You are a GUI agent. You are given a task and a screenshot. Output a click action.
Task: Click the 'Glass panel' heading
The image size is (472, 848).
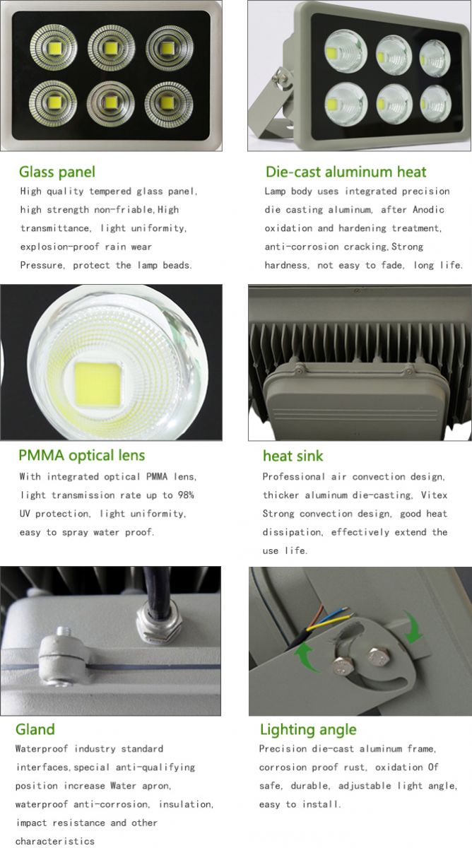pyautogui.click(x=57, y=172)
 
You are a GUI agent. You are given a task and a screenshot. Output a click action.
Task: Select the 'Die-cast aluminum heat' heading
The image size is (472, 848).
pyautogui.click(x=346, y=172)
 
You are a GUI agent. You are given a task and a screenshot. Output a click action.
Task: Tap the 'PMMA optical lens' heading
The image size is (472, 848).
pyautogui.click(x=82, y=455)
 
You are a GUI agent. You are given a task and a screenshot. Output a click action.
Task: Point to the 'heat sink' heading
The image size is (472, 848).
pyautogui.click(x=293, y=456)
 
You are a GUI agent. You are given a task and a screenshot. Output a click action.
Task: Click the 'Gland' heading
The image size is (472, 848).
pyautogui.click(x=35, y=729)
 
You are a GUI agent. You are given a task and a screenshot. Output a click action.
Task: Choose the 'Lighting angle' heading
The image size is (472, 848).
pyautogui.click(x=308, y=730)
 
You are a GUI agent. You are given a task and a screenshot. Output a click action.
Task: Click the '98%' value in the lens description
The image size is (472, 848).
pyautogui.click(x=186, y=495)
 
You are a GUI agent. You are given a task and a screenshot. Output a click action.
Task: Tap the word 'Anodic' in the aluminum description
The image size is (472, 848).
pyautogui.click(x=428, y=209)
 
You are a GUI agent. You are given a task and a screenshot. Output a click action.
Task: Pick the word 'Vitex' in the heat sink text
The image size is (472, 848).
pyautogui.click(x=434, y=495)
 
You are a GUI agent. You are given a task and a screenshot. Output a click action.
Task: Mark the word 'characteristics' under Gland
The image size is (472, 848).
pyautogui.click(x=55, y=841)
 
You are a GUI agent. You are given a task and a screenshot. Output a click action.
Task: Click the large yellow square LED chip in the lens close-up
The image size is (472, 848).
pyautogui.click(x=98, y=383)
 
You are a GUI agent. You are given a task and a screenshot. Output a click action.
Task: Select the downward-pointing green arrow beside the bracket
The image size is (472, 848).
pyautogui.click(x=413, y=628)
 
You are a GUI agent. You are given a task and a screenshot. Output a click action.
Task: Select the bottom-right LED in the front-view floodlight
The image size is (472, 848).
pyautogui.click(x=168, y=104)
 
